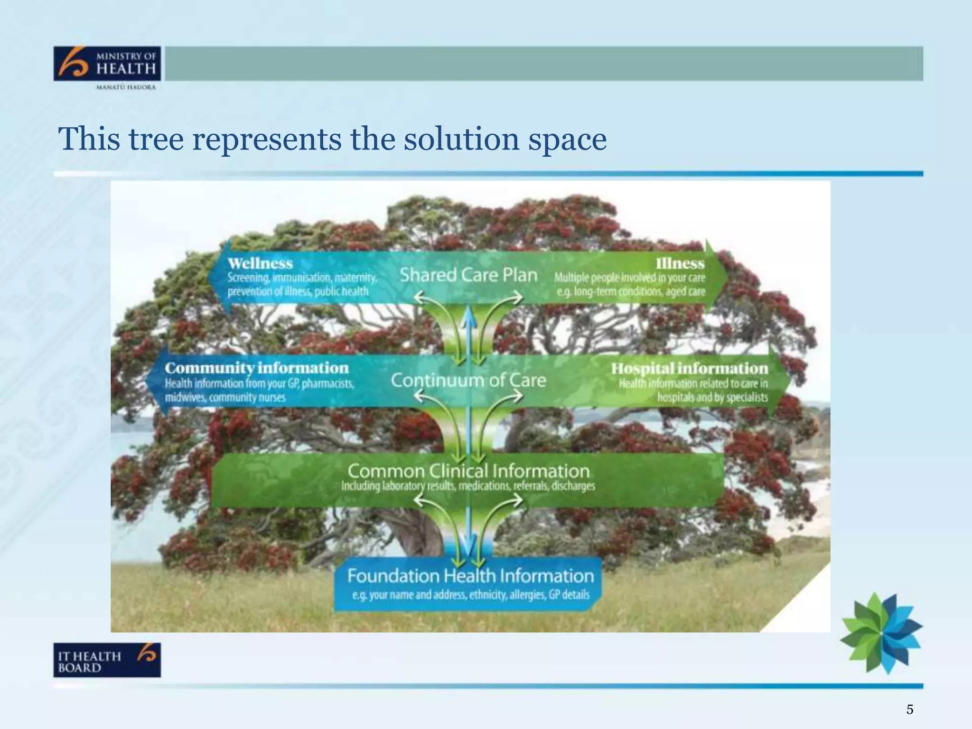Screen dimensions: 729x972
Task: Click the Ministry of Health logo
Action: click(107, 64)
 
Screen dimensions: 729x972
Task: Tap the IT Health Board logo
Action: click(107, 660)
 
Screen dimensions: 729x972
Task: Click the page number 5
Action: click(909, 709)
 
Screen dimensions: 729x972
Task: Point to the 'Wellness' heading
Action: click(260, 263)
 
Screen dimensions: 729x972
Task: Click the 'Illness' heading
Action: click(680, 263)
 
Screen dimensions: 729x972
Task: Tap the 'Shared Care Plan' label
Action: click(468, 275)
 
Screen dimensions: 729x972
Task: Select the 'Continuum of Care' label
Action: click(468, 380)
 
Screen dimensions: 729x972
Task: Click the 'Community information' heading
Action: click(257, 368)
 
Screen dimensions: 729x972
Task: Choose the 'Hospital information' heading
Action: click(689, 368)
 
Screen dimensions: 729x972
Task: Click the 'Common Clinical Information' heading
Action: click(468, 471)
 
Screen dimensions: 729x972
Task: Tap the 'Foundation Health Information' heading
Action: click(470, 576)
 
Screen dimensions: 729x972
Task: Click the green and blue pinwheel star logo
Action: click(881, 633)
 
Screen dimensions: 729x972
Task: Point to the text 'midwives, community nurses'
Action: click(225, 397)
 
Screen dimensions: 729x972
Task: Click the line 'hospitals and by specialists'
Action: click(712, 397)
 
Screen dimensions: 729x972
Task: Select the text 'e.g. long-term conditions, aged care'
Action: click(631, 291)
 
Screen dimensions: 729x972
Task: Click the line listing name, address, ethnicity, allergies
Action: click(470, 595)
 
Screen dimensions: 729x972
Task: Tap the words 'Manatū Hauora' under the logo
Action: click(126, 87)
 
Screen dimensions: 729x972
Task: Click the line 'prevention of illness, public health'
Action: click(298, 291)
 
